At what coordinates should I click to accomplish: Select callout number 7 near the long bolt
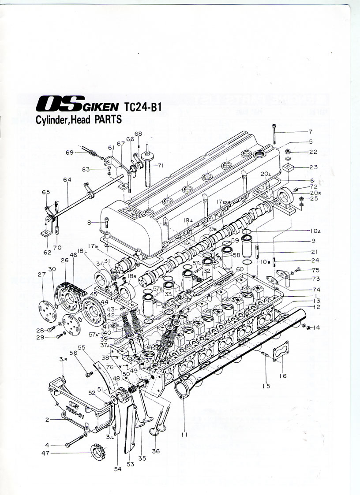[310, 132]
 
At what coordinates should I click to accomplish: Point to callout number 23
[313, 167]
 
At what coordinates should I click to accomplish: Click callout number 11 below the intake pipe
[183, 434]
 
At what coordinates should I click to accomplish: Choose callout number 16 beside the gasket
[283, 376]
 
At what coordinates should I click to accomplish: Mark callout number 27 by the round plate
[42, 274]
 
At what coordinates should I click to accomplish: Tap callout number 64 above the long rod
[67, 179]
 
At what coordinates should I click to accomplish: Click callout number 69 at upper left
[70, 153]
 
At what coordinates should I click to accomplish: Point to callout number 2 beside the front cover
[47, 420]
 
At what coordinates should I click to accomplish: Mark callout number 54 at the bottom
[118, 469]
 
